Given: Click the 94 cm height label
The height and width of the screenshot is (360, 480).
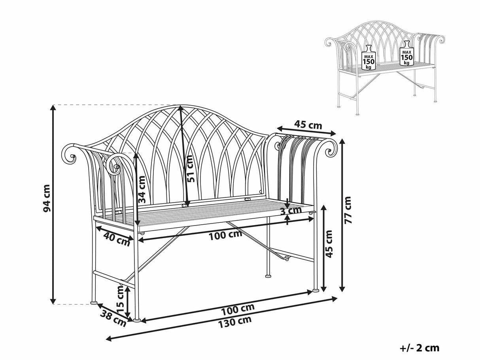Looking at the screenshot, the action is tap(47, 198).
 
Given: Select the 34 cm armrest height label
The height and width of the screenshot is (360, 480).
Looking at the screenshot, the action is tap(142, 189).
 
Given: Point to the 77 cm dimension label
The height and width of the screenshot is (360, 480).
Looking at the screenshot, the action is tap(348, 210).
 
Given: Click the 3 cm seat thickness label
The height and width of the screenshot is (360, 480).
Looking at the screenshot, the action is tap(291, 210).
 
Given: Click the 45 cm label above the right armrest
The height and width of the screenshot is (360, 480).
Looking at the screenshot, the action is tap(308, 125).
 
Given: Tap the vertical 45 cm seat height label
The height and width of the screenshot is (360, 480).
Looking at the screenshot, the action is tap(329, 244).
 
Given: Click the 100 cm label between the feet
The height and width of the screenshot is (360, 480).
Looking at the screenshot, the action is tap(238, 309).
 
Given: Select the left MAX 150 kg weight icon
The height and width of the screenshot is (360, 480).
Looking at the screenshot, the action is tap(369, 57).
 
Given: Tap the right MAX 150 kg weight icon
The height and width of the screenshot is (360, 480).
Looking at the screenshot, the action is tap(406, 53).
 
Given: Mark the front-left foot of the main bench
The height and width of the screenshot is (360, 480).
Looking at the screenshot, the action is tap(137, 320).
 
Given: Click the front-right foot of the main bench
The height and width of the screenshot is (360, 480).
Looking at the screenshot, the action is tap(316, 291).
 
